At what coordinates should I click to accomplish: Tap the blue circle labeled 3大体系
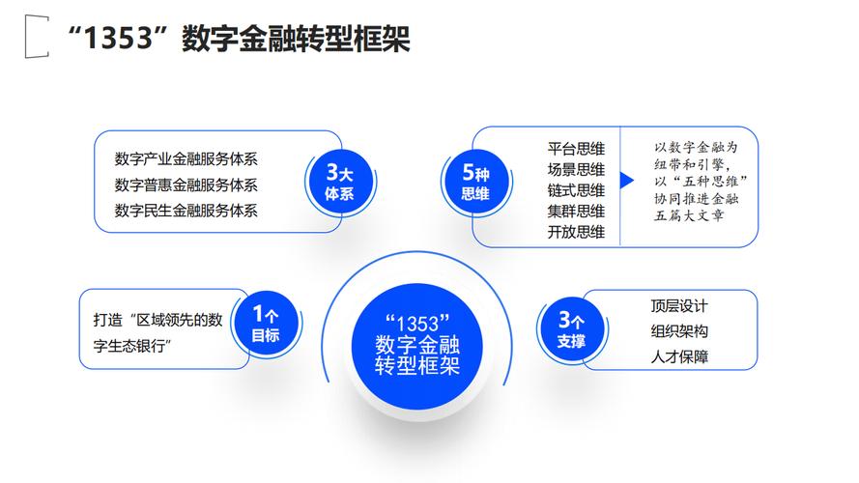(339, 183)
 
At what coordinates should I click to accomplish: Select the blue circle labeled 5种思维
(475, 183)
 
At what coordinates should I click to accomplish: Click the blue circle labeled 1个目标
(265, 324)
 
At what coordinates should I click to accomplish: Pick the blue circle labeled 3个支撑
(571, 328)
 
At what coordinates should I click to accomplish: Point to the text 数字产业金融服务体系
(186, 159)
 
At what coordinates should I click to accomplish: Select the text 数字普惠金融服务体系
(186, 185)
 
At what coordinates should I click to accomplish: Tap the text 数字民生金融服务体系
(186, 210)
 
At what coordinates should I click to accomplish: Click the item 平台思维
(576, 148)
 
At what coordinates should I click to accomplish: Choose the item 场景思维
(576, 169)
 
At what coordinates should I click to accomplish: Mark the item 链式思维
(576, 189)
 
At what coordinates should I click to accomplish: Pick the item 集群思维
(576, 211)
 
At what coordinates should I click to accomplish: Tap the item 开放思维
(576, 232)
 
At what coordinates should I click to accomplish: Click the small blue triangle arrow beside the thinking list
(626, 181)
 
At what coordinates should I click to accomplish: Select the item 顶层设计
(679, 306)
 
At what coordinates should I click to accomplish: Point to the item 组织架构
(679, 331)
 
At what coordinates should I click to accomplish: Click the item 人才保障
(679, 357)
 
